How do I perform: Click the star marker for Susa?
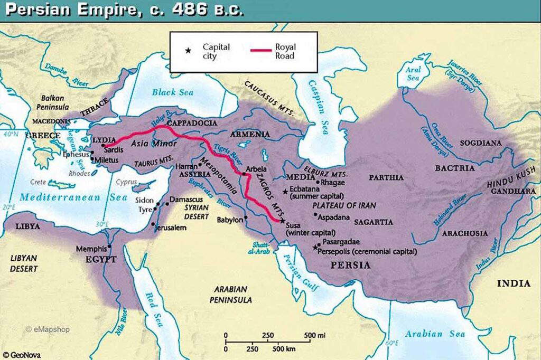click(x=282, y=220)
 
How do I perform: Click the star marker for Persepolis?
click(x=316, y=247)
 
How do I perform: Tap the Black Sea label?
click(x=172, y=92)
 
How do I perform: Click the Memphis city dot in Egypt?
click(x=109, y=247)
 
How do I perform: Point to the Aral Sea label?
click(x=413, y=73)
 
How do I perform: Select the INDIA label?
click(x=513, y=283)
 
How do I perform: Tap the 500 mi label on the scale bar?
click(x=314, y=335)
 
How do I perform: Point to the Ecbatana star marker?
click(x=285, y=192)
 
